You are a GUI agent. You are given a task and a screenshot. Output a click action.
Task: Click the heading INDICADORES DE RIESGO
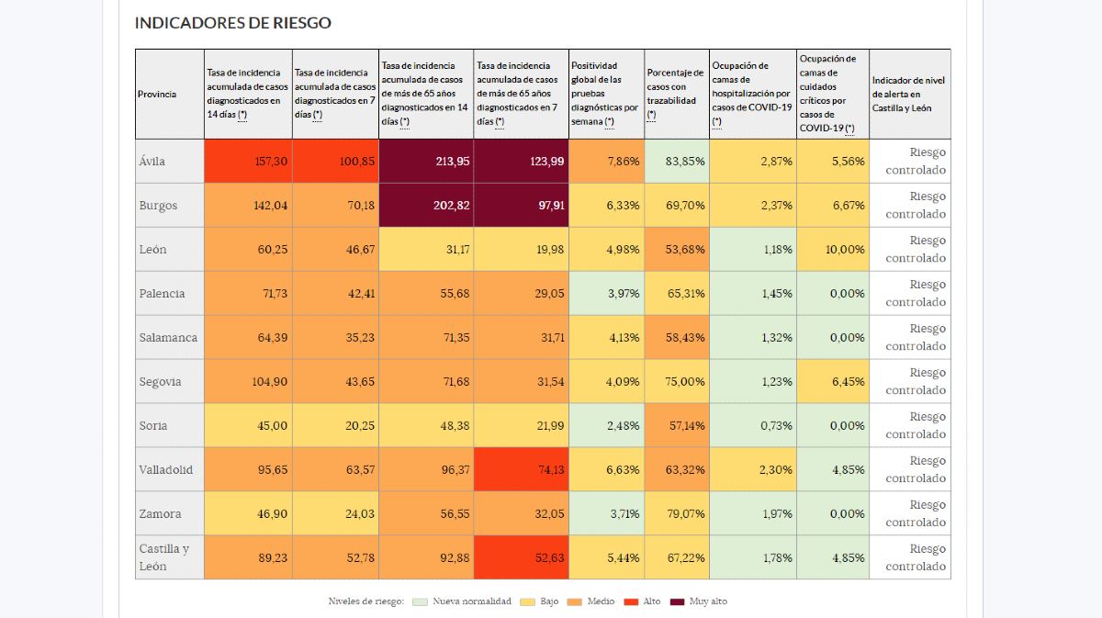pyautogui.click(x=233, y=23)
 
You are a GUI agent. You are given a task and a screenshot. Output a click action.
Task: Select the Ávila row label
pyautogui.click(x=152, y=162)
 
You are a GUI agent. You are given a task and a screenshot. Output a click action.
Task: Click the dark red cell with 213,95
pyautogui.click(x=426, y=162)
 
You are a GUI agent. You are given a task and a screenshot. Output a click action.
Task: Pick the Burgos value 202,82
pyautogui.click(x=426, y=206)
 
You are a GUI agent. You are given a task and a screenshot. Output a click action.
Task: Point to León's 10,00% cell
pyautogui.click(x=832, y=250)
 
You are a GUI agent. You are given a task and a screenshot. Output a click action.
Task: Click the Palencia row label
pyautogui.click(x=163, y=294)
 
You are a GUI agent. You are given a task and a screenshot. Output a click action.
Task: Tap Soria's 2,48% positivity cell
pyautogui.click(x=607, y=426)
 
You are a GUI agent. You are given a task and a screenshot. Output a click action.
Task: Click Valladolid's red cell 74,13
pyautogui.click(x=522, y=470)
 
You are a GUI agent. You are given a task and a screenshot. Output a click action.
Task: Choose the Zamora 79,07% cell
pyautogui.click(x=677, y=514)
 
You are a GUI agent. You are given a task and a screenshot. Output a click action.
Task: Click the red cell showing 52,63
pyautogui.click(x=522, y=557)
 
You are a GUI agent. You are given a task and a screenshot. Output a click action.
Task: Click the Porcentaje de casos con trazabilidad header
pyautogui.click(x=677, y=95)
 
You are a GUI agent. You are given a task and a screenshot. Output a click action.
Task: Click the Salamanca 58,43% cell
pyautogui.click(x=677, y=338)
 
